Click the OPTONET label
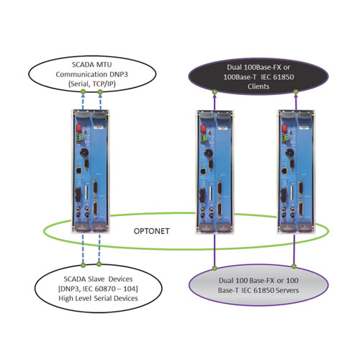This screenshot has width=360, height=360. (x=151, y=231)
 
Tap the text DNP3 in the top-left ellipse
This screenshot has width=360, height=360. (x=119, y=74)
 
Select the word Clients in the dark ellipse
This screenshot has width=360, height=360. (x=258, y=86)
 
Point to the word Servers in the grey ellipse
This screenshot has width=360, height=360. (x=287, y=290)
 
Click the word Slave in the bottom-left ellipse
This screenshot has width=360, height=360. (x=96, y=279)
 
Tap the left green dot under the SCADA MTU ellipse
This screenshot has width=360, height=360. (x=83, y=91)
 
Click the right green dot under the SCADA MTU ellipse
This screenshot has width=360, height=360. (x=100, y=91)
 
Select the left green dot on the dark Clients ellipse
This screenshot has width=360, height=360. (x=215, y=91)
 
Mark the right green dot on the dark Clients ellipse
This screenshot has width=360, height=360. (x=296, y=91)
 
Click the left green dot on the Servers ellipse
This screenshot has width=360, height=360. (x=215, y=268)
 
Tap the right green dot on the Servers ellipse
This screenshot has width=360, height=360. (x=294, y=266)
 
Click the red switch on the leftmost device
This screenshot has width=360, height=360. (x=78, y=129)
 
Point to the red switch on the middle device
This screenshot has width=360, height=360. (x=204, y=129)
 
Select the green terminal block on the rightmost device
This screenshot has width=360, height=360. (x=286, y=138)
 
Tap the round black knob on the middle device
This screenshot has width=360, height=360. (x=208, y=153)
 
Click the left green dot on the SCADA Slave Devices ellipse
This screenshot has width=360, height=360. (x=83, y=265)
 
